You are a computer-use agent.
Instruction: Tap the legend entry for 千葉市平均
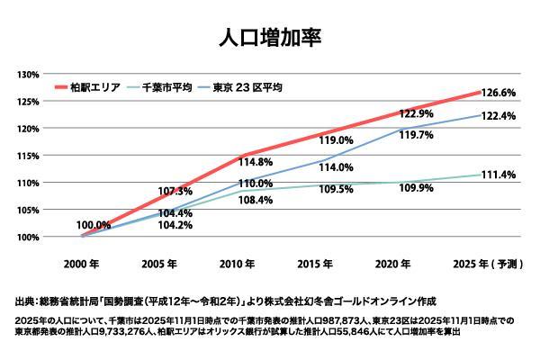tap(170, 87)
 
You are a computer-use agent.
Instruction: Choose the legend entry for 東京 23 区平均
tap(247, 87)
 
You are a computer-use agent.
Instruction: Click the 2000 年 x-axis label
tap(81, 265)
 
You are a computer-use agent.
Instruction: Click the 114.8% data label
tap(255, 162)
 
